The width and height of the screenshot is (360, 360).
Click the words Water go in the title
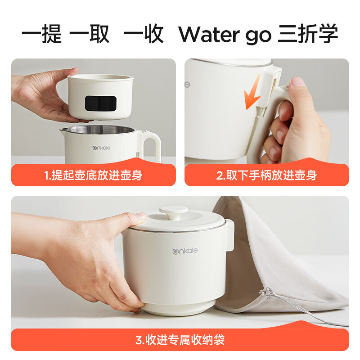click(225, 35)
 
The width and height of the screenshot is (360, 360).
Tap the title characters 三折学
click(308, 33)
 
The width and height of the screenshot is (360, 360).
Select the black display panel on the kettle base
click(100, 103)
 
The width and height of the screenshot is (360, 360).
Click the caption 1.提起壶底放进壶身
click(93, 175)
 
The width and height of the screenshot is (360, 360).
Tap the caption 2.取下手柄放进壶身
click(266, 175)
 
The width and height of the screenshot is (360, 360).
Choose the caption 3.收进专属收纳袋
click(180, 340)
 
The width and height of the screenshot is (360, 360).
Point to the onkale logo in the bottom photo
click(185, 251)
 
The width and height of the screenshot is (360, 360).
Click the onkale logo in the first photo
click(101, 148)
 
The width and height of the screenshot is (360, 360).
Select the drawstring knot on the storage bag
click(265, 292)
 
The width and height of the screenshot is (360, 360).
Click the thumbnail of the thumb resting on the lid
click(140, 216)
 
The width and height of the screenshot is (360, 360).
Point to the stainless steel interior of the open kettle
click(100, 129)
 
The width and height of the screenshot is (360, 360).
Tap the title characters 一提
click(41, 33)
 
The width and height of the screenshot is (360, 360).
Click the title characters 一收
click(144, 33)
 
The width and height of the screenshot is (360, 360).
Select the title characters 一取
click(89, 33)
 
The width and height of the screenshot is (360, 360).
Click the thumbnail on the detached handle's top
click(298, 82)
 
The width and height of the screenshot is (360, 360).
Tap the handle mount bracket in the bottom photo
click(229, 235)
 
